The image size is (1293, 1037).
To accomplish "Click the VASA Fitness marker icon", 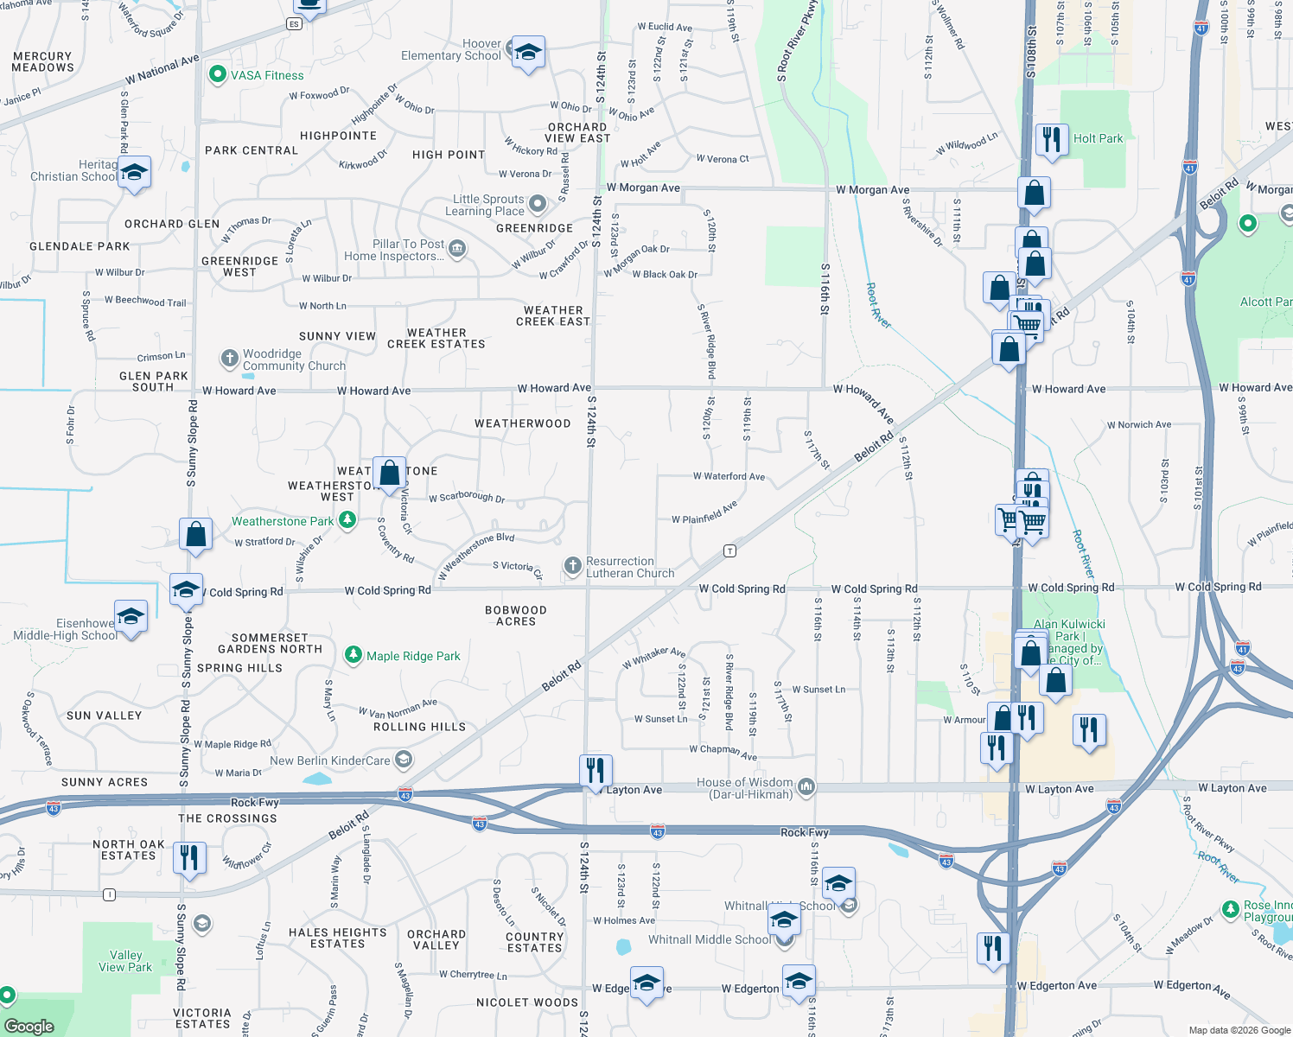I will (218, 75).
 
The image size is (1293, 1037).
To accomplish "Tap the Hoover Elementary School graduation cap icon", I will (528, 54).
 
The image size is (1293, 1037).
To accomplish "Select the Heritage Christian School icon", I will (134, 173).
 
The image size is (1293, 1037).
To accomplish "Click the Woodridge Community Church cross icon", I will (229, 358).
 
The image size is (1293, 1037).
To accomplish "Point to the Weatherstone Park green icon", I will (347, 520).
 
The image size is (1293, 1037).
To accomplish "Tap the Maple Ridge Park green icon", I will (353, 655).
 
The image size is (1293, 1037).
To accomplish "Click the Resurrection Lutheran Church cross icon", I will (572, 566).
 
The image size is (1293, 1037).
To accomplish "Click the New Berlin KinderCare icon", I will (403, 760).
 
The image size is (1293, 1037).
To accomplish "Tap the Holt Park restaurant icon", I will (1052, 139).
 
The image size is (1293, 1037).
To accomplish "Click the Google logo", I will (29, 1026).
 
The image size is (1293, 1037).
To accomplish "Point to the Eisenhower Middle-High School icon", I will (131, 617).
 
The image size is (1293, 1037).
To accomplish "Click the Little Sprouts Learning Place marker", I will (538, 204).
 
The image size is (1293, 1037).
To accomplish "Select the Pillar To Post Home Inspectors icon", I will (457, 250).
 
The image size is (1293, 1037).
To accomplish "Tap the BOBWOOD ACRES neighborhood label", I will (516, 615).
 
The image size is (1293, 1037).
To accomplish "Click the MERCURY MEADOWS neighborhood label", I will (43, 61).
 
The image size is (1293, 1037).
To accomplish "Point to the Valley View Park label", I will (125, 961).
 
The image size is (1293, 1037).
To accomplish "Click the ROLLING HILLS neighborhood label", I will (419, 727).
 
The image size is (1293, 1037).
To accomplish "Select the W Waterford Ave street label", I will (729, 476).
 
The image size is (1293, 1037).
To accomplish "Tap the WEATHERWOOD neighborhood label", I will (522, 423).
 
